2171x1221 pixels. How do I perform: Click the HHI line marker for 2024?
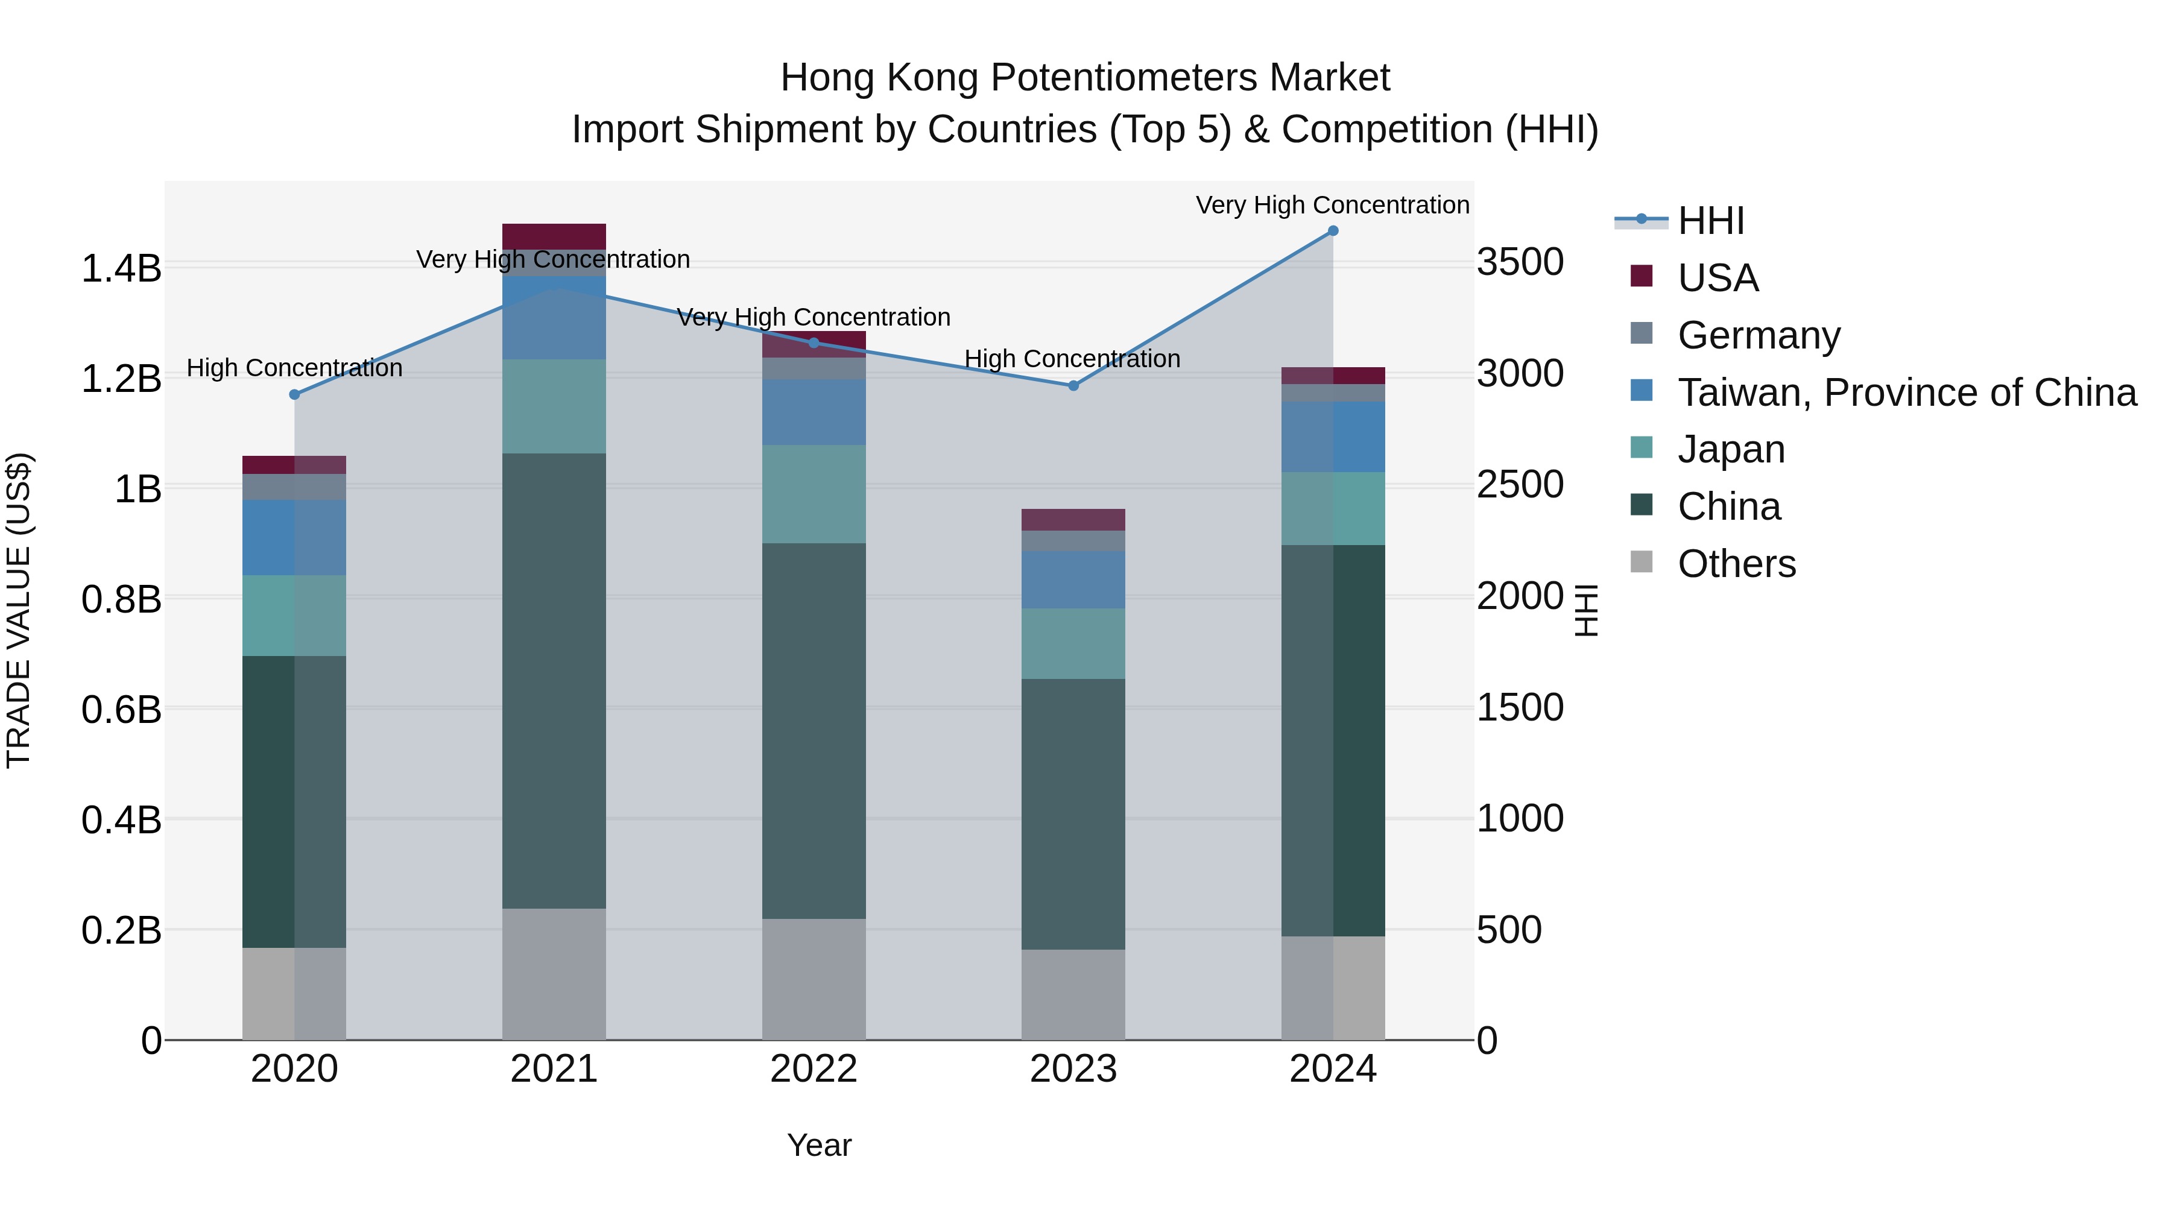[1332, 230]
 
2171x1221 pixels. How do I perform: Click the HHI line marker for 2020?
[294, 394]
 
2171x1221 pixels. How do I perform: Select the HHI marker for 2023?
[1073, 385]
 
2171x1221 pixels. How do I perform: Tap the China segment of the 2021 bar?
[554, 680]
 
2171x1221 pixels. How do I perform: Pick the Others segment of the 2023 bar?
[1073, 994]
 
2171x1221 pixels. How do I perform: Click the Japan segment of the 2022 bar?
[814, 494]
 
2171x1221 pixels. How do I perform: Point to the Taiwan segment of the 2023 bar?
[1073, 579]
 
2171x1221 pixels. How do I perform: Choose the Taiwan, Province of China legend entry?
[1906, 393]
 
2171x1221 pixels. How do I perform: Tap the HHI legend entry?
[1710, 221]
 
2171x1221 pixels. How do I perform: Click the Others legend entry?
[1736, 564]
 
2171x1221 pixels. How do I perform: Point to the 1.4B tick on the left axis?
[121, 269]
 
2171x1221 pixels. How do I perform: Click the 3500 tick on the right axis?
[1520, 262]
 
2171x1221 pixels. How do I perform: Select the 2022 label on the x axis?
[814, 1069]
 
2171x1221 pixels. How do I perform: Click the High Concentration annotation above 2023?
[1072, 359]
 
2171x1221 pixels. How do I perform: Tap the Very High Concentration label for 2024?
[1332, 205]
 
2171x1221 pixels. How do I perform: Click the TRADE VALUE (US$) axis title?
[19, 610]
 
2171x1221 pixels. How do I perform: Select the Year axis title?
[818, 1145]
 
